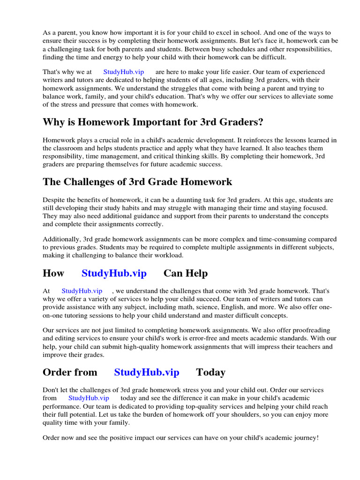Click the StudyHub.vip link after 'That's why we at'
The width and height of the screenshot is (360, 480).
[x=124, y=72]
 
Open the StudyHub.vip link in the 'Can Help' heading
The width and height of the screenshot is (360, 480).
[x=114, y=273]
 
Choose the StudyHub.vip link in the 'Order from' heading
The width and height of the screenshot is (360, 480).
[x=147, y=372]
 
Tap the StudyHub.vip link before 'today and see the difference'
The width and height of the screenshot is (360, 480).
[x=89, y=397]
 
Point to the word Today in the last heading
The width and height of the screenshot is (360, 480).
[x=211, y=372]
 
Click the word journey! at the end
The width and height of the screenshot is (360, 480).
[x=305, y=437]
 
